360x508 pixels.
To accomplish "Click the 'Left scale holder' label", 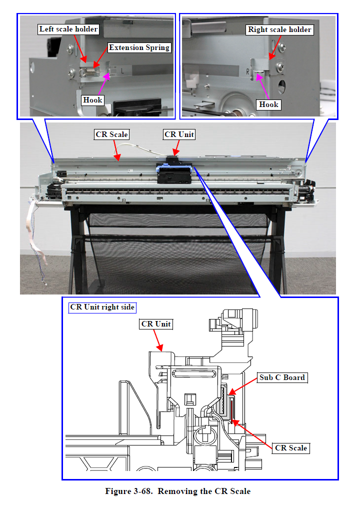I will click(x=68, y=29).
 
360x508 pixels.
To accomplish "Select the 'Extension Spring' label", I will click(x=139, y=48).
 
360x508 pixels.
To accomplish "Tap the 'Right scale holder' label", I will click(x=279, y=29).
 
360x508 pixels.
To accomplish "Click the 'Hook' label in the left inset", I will click(x=92, y=100).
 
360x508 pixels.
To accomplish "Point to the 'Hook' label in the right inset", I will click(x=268, y=104).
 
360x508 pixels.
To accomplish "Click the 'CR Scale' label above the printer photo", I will click(x=112, y=134).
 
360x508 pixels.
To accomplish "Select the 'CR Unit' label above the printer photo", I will click(x=179, y=134).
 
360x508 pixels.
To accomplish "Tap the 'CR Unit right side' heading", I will click(x=102, y=307).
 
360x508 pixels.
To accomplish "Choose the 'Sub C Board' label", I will click(x=281, y=377).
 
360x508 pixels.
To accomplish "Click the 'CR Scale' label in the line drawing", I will click(x=291, y=448).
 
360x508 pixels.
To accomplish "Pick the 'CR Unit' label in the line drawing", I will click(x=156, y=324).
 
